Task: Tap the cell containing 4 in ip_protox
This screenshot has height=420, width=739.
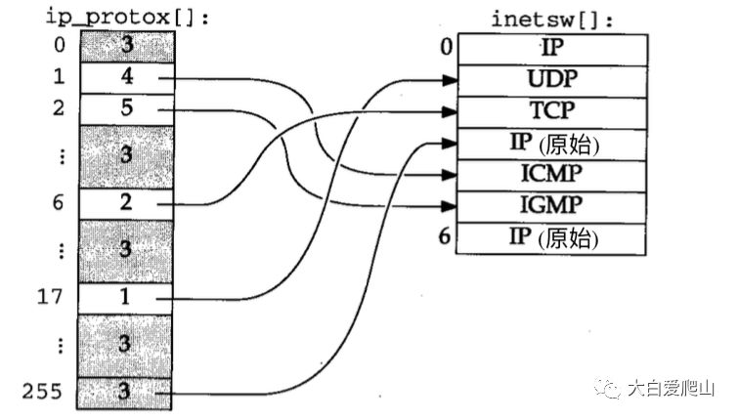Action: coord(126,76)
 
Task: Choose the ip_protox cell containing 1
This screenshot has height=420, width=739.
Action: coord(126,297)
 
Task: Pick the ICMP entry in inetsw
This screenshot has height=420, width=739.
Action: coord(550,175)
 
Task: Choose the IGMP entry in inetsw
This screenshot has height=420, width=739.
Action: coord(550,206)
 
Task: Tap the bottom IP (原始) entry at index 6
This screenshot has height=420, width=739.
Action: coord(550,237)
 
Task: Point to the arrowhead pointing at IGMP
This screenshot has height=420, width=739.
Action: coord(450,206)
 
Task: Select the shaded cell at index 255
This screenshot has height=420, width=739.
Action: coord(126,392)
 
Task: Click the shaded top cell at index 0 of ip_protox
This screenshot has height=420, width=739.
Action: coord(126,45)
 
